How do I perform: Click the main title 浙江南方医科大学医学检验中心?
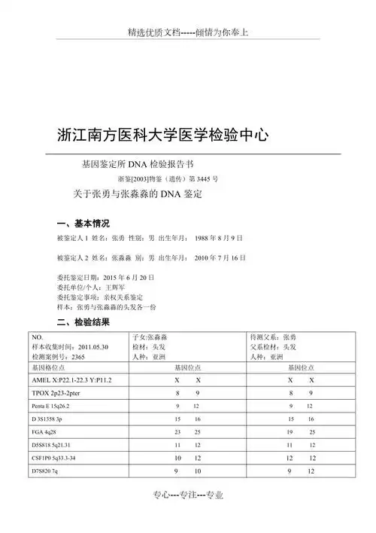[x=162, y=136]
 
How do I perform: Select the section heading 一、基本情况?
[x=83, y=224]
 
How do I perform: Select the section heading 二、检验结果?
[x=83, y=322]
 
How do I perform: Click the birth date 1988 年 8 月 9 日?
[x=218, y=238]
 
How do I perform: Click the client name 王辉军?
[x=114, y=288]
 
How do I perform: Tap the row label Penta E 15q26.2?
[x=56, y=407]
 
